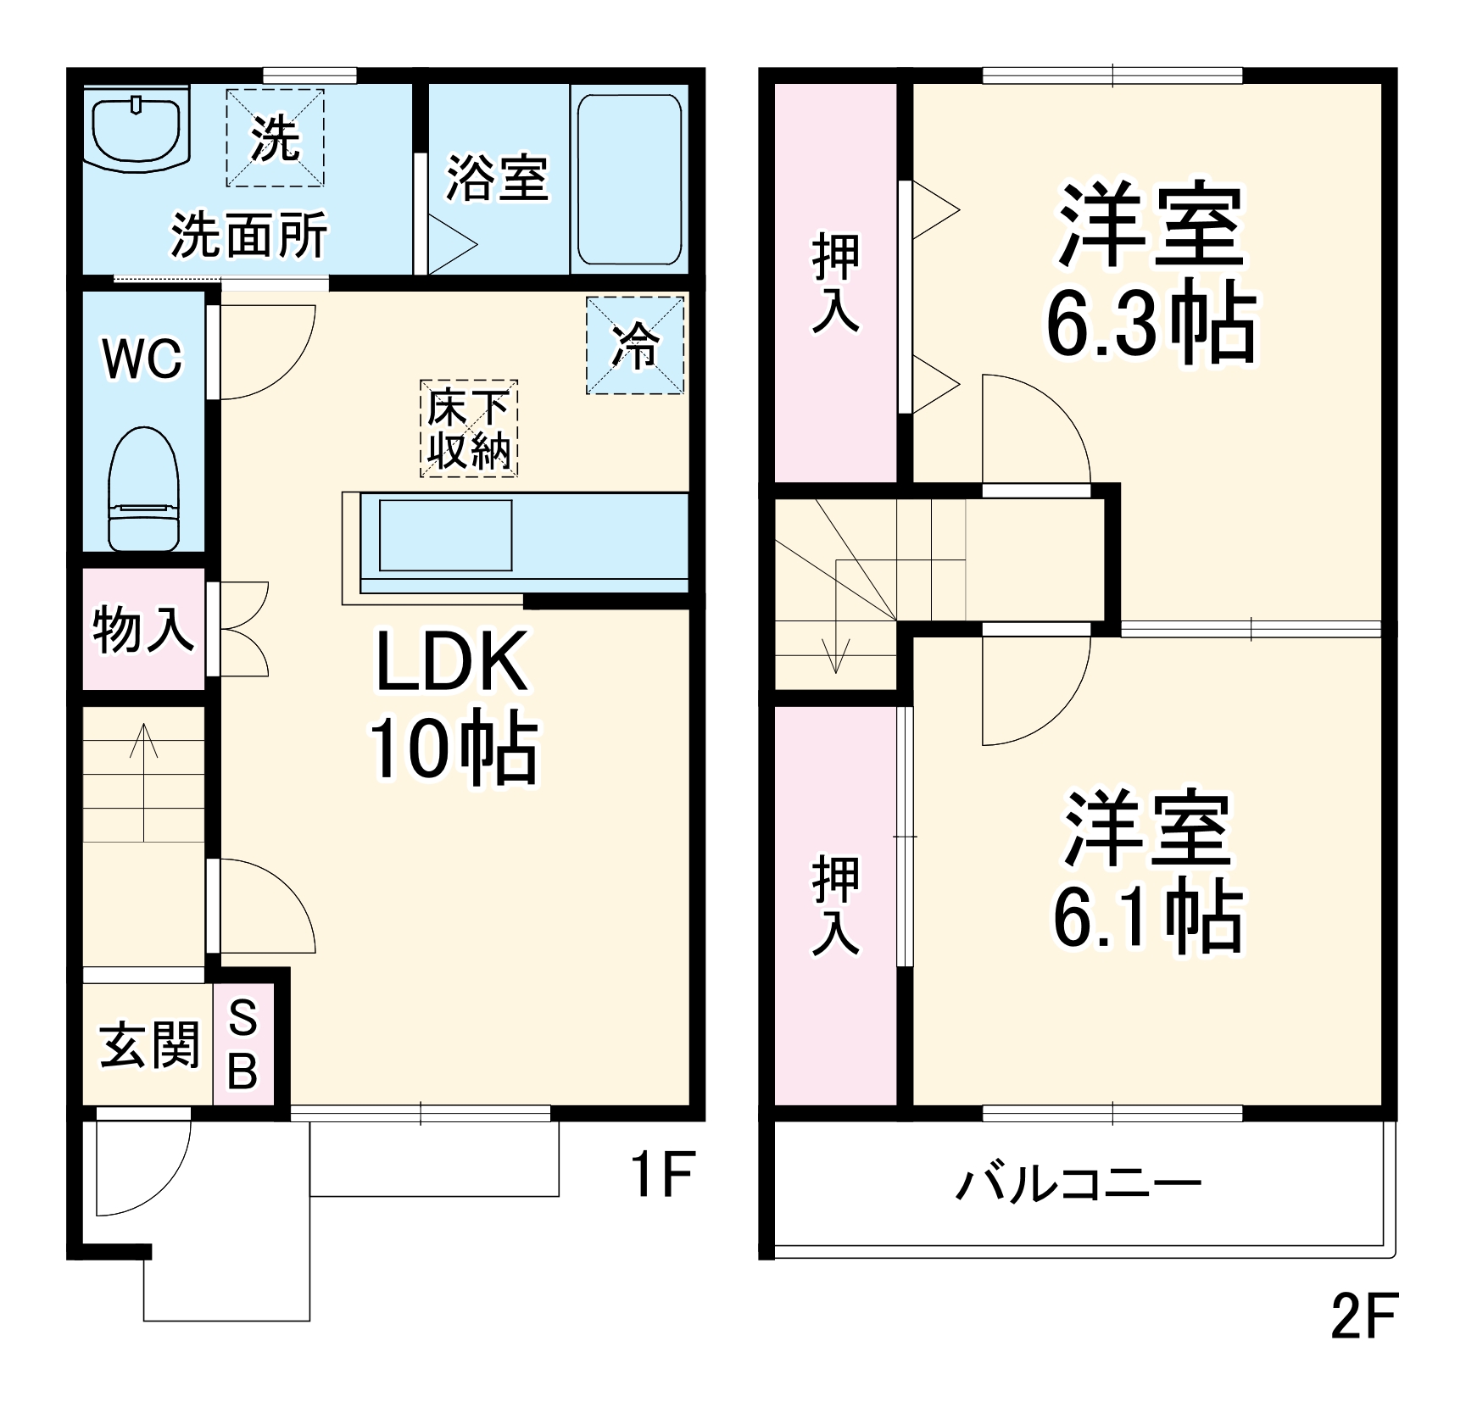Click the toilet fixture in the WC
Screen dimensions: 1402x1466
click(x=144, y=490)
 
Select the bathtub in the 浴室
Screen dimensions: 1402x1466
click(x=628, y=179)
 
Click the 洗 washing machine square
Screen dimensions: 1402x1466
click(x=275, y=137)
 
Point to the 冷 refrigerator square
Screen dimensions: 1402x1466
click(x=635, y=345)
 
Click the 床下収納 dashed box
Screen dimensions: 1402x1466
click(x=469, y=429)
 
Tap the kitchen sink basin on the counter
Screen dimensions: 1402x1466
click(x=445, y=535)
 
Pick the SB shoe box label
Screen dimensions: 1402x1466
click(x=243, y=1043)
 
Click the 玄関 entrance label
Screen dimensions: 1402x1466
click(x=149, y=1044)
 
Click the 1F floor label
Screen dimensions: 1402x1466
click(x=662, y=1174)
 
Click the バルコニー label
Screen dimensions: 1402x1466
click(x=1079, y=1184)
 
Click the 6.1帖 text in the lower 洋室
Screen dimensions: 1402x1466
click(x=1147, y=920)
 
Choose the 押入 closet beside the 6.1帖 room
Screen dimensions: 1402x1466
click(x=836, y=905)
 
